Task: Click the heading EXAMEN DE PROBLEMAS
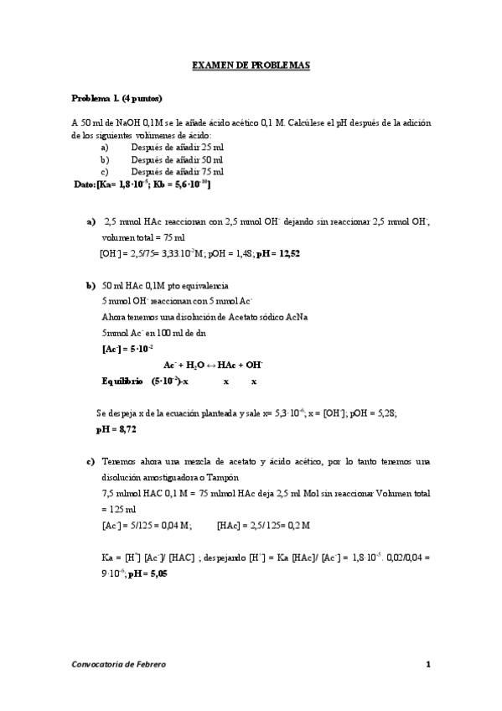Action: (x=251, y=65)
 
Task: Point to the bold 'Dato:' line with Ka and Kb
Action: (x=142, y=184)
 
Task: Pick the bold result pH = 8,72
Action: (x=116, y=428)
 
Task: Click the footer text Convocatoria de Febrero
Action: (x=119, y=664)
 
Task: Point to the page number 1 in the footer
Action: (x=427, y=664)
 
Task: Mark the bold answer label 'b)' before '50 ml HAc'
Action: (x=90, y=286)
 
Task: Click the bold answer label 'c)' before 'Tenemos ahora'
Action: (x=90, y=461)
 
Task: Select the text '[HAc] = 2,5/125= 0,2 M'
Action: (x=263, y=525)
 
